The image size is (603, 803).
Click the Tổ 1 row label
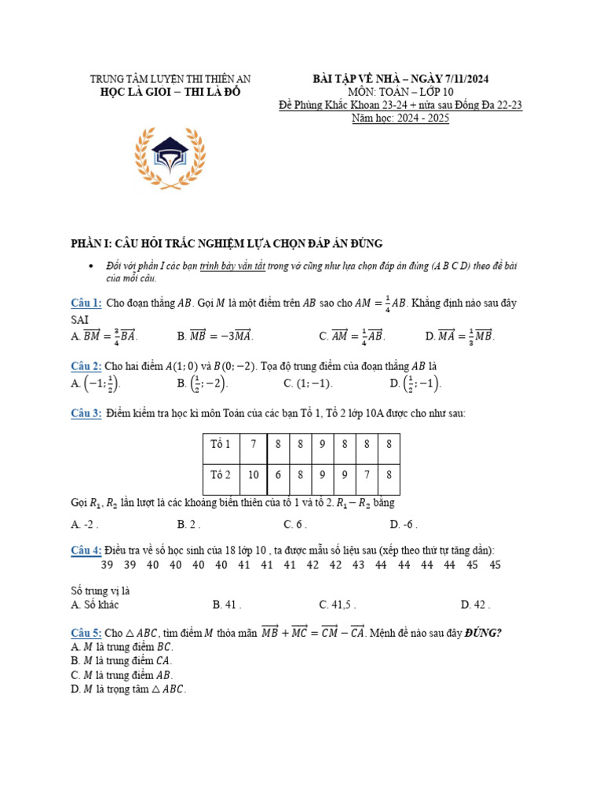point(220,445)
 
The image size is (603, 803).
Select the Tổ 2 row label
point(220,474)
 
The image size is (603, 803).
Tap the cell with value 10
point(254,474)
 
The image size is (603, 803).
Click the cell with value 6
point(278,474)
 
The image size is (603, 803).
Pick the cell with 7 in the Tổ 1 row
point(254,445)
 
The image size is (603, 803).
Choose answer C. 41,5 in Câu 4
point(338,605)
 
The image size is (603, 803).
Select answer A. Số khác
point(95,605)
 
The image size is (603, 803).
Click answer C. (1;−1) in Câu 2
point(308,383)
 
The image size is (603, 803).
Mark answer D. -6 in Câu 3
point(403,525)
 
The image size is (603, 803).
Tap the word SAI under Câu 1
point(79,320)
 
